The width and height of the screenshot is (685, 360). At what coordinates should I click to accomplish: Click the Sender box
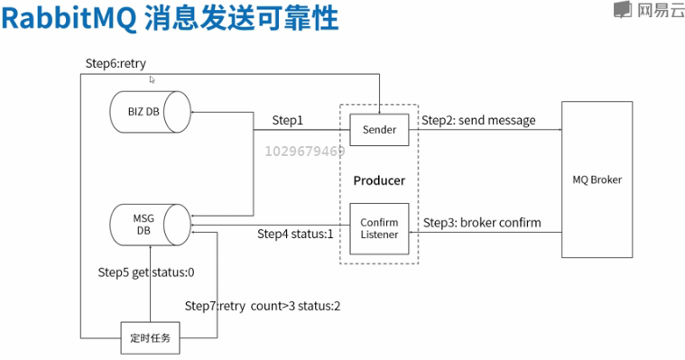click(379, 130)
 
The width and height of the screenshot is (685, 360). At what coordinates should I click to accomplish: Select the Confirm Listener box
click(379, 228)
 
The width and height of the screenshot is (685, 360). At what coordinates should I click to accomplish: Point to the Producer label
click(379, 180)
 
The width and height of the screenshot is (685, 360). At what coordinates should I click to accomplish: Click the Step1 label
click(288, 121)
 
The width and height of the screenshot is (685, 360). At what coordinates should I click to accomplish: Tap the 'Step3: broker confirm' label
click(482, 222)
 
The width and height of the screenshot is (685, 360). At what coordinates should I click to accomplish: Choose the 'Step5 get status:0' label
click(146, 272)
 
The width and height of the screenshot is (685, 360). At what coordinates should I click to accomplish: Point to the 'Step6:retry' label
click(116, 62)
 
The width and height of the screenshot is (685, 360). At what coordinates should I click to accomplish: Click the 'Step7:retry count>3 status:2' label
click(263, 306)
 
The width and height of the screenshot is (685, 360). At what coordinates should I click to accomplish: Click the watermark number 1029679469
click(305, 152)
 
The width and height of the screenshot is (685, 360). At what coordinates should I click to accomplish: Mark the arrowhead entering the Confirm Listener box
click(412, 232)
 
